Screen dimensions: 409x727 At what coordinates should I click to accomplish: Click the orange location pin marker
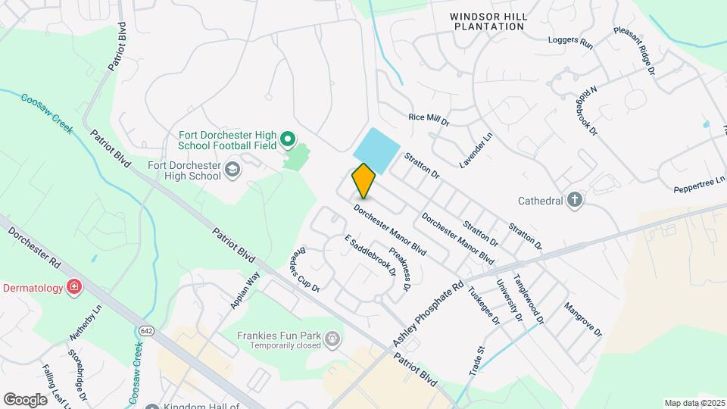363,181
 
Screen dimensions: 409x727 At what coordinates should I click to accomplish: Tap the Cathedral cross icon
575,201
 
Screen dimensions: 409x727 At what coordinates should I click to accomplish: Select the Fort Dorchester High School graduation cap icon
232,170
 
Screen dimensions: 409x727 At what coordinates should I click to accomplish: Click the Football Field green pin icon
287,139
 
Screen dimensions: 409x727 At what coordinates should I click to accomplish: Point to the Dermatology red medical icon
73,286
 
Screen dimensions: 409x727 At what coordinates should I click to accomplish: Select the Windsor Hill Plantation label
488,20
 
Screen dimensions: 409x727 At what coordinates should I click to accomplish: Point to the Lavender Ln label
475,151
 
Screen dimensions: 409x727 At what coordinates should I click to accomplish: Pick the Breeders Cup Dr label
306,269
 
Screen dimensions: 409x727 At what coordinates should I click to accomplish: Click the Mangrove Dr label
582,320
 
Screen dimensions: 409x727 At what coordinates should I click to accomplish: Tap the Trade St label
480,361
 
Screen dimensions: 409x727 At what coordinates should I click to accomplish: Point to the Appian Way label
245,290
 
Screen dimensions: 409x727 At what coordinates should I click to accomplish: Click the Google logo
25,399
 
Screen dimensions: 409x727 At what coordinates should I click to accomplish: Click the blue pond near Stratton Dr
376,149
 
